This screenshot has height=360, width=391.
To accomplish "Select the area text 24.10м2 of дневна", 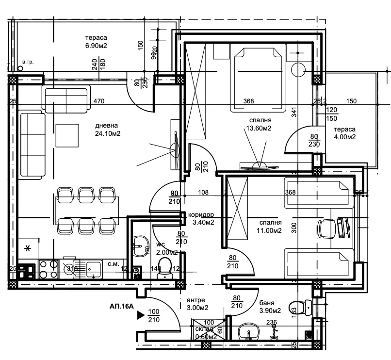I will [107, 133].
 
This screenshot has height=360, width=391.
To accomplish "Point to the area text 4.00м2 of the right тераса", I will [344, 137].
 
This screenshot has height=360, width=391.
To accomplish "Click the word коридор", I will [201, 214].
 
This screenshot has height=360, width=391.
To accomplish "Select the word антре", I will [195, 299].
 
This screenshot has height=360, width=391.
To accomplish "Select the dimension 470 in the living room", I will [99, 101].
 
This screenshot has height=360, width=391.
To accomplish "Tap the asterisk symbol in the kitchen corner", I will [28, 248].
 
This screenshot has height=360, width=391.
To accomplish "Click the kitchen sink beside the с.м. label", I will [93, 268].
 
